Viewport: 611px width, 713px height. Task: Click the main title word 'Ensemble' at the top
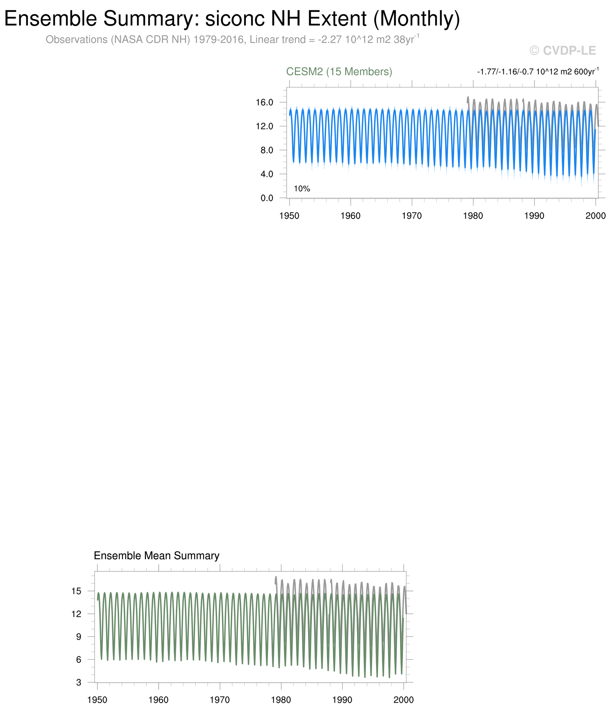tap(51, 19)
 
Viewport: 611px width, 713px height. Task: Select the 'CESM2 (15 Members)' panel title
tap(339, 72)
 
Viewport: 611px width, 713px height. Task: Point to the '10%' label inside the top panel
tap(302, 188)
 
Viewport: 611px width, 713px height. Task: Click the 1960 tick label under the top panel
tap(350, 216)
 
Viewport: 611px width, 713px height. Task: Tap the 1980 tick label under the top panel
tap(473, 216)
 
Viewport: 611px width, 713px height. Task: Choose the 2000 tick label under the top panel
tap(596, 216)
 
